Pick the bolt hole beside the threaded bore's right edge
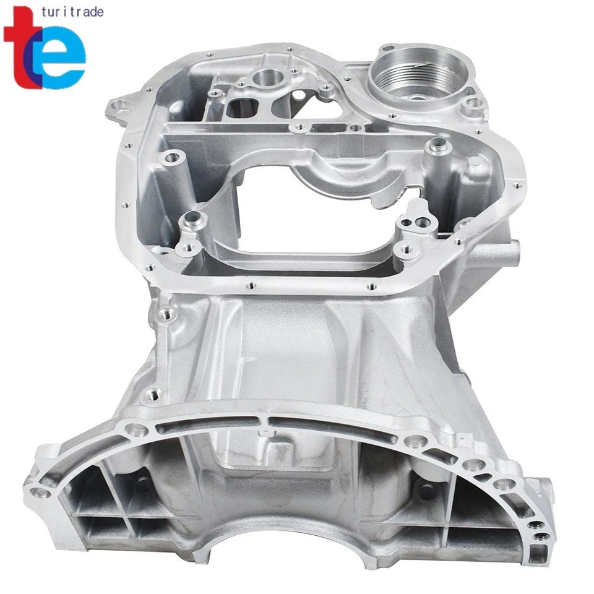pyautogui.click(x=473, y=103)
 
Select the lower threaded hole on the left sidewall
pyautogui.click(x=152, y=394)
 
